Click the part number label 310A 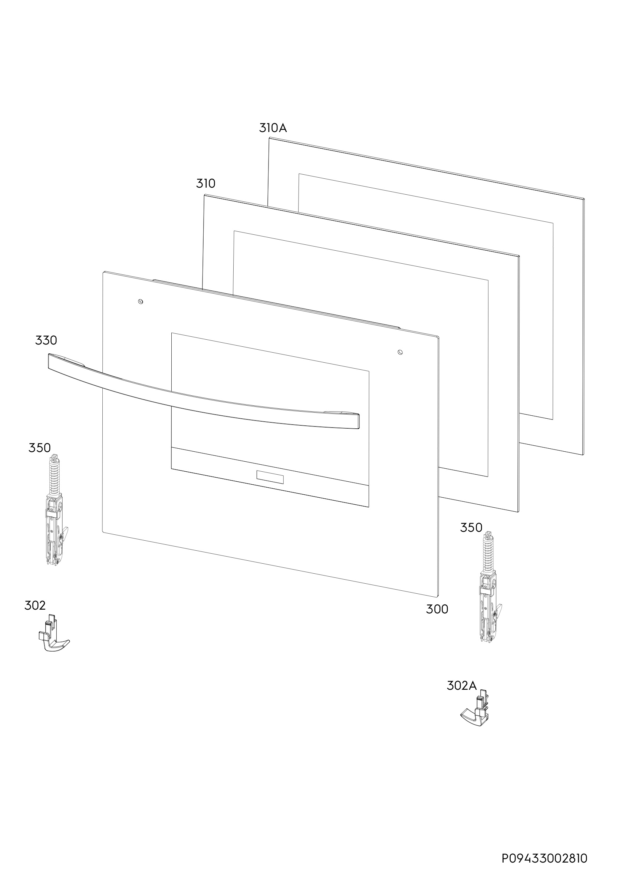click(273, 128)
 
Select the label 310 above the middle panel click(205, 183)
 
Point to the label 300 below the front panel click(437, 609)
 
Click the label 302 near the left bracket click(35, 606)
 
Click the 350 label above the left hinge click(40, 448)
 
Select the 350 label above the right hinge click(471, 528)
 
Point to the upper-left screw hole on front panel click(141, 301)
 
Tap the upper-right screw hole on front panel click(400, 352)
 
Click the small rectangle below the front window click(270, 477)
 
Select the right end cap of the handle click(357, 421)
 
